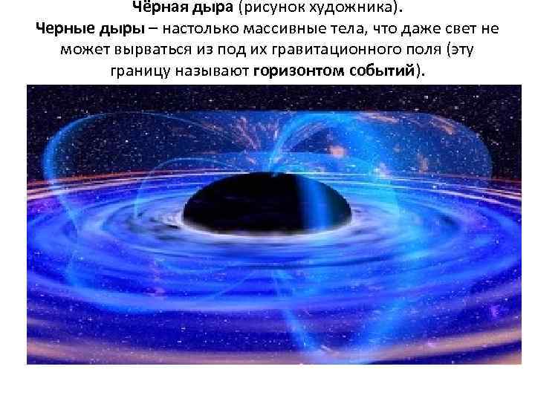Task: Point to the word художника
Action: click(x=354, y=7)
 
